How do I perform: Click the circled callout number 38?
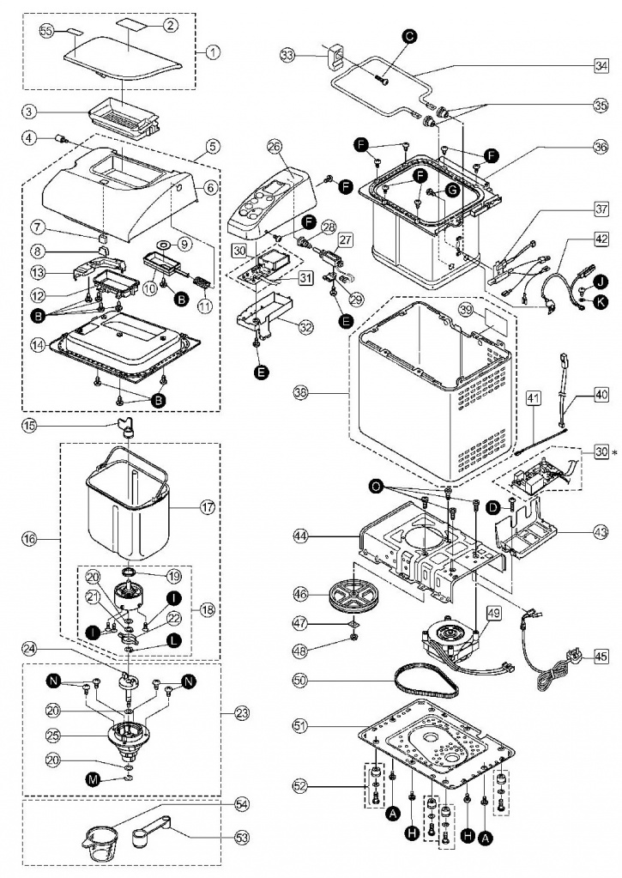301,393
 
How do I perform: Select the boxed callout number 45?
601,657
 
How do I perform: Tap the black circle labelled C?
410,37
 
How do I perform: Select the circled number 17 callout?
207,509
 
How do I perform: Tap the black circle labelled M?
93,778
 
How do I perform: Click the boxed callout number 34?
601,66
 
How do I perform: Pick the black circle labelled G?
452,191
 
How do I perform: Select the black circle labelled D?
493,508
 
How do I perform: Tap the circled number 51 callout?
300,726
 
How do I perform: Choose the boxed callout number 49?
494,614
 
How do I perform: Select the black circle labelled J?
601,282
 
